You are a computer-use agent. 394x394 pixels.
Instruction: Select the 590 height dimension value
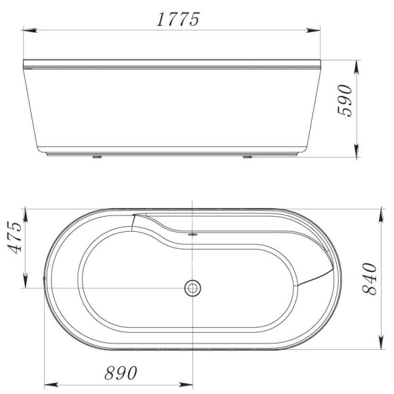[x=346, y=99]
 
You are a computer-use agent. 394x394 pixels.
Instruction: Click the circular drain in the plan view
[x=192, y=287]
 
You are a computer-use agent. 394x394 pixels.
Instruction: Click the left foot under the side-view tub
[x=98, y=157]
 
